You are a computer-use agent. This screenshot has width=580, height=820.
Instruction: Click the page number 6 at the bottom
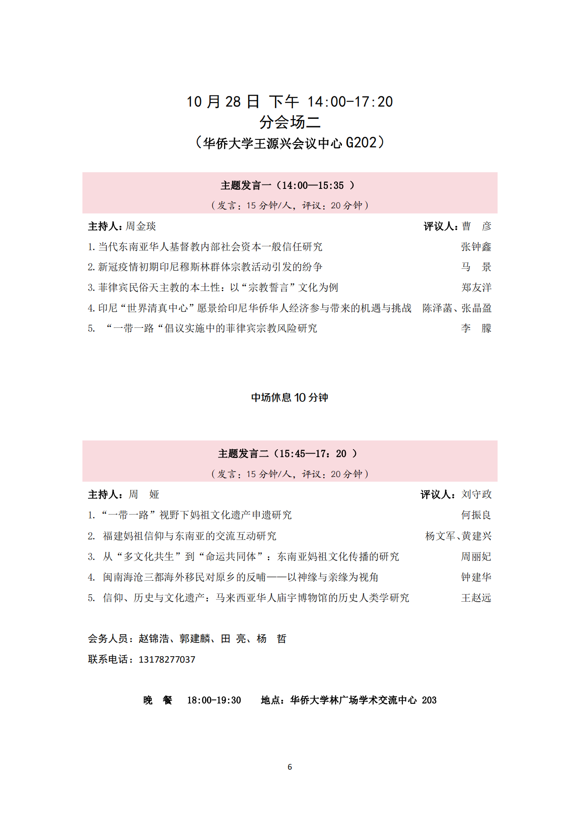(290, 767)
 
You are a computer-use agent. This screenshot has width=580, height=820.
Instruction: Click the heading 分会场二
(290, 122)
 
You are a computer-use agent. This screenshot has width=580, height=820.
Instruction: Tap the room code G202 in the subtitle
(361, 143)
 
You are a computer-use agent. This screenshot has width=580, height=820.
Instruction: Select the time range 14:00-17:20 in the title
(350, 102)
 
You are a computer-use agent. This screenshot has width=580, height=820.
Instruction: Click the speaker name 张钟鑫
(476, 247)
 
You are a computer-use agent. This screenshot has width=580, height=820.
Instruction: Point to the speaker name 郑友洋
(476, 288)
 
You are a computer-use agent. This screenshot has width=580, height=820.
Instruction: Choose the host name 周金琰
(141, 226)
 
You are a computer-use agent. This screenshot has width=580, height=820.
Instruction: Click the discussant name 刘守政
(476, 494)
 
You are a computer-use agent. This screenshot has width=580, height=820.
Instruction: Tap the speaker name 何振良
(476, 515)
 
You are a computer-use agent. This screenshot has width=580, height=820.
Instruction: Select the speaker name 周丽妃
(476, 557)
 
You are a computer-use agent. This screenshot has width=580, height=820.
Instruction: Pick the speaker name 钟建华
(476, 577)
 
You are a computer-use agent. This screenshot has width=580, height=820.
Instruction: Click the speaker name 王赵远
(476, 598)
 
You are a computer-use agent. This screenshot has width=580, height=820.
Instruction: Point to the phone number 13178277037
(167, 659)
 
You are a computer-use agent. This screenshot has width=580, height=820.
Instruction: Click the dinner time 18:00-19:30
(214, 700)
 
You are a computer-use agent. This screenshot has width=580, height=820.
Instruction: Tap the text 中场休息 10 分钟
(289, 398)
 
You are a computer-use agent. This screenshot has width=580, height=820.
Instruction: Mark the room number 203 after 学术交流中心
(429, 700)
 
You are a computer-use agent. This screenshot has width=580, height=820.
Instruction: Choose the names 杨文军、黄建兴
(458, 536)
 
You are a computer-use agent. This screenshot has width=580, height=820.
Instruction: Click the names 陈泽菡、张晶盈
(457, 308)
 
